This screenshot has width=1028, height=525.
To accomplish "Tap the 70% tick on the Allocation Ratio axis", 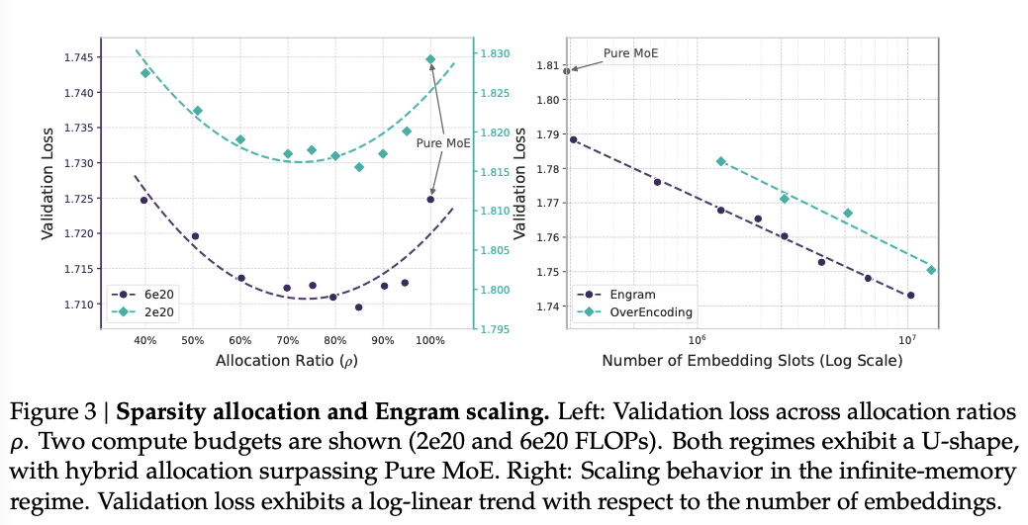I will pyautogui.click(x=287, y=340).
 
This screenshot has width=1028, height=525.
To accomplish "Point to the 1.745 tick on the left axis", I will pyautogui.click(x=82, y=57).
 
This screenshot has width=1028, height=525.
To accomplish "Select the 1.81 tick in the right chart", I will pyautogui.click(x=546, y=65).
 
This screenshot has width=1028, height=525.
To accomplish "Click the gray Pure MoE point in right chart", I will pyautogui.click(x=567, y=71).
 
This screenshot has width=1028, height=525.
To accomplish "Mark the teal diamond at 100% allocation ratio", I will pyautogui.click(x=430, y=59).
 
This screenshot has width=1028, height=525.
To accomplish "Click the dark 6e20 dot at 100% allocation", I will pyautogui.click(x=430, y=199).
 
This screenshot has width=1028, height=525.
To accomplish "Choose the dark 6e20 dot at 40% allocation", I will pyautogui.click(x=144, y=200).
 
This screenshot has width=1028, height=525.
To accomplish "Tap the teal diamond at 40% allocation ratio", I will pyautogui.click(x=145, y=72).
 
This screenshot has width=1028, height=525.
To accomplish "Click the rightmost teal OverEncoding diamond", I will pyautogui.click(x=931, y=270).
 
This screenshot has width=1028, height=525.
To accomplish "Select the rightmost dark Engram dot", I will pyautogui.click(x=910, y=295).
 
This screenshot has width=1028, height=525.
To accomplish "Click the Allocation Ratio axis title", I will pyautogui.click(x=287, y=361).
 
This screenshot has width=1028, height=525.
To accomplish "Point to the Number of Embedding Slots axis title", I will pyautogui.click(x=752, y=361).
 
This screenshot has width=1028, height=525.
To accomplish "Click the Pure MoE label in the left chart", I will pyautogui.click(x=443, y=142).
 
